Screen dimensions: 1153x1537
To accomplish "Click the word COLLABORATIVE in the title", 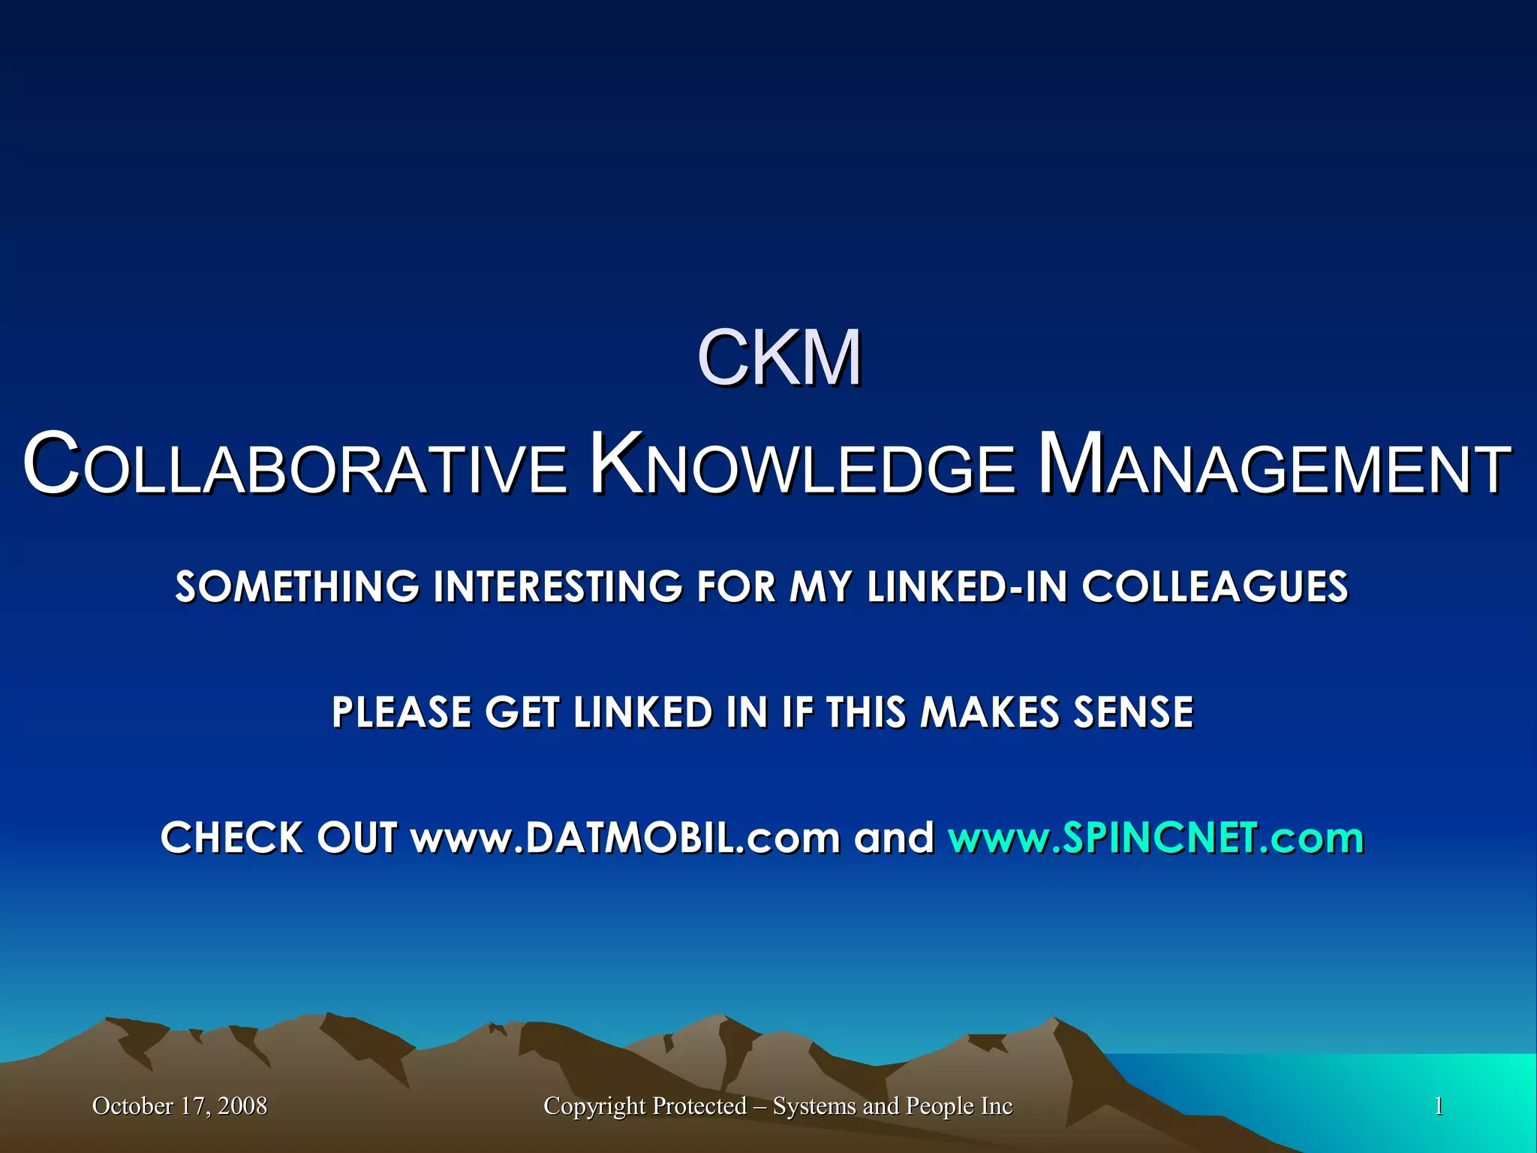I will point(295,465).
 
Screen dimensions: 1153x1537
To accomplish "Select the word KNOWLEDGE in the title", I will point(802,465).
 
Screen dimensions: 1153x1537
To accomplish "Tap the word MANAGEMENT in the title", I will point(1274,465).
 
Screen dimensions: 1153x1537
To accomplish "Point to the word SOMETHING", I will point(297,586).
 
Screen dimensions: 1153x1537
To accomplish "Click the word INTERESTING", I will point(558,586).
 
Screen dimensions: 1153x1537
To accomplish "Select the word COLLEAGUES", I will point(1214,586).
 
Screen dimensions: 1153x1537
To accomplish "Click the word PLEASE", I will point(402,712).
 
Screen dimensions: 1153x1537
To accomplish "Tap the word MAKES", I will point(990,712).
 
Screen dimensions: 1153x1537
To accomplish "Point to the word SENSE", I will point(1133,712).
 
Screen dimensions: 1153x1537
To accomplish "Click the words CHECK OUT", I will point(278,838).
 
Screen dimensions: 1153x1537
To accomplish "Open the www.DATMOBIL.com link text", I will point(625,838).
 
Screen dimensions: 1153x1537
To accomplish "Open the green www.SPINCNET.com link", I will point(1156,838).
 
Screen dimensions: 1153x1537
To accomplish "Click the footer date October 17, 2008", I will point(179,1106).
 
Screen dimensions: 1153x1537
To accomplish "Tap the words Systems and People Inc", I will point(892,1106).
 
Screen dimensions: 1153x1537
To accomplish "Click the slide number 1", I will point(1439,1106).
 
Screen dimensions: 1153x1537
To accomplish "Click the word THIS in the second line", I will point(866,712).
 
